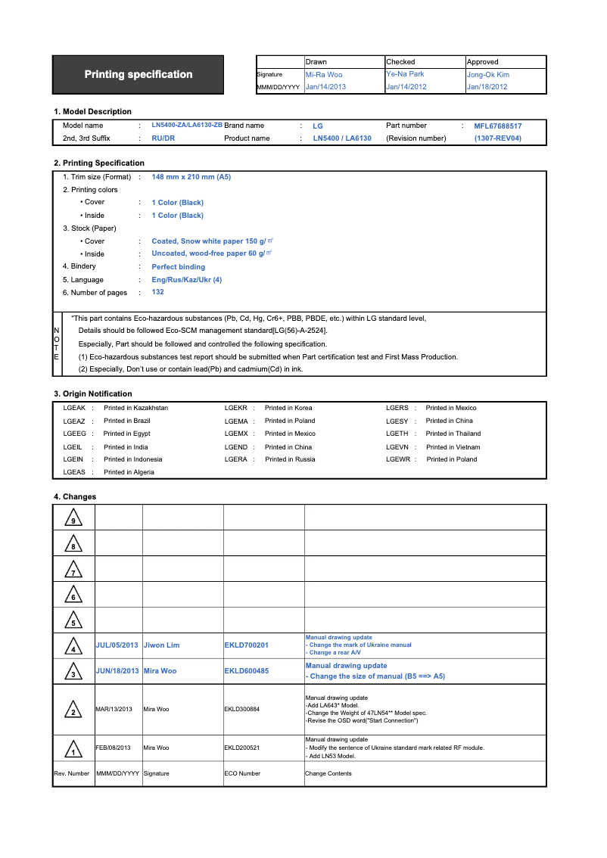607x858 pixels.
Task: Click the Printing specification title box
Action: click(139, 74)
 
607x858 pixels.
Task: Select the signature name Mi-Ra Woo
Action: click(324, 74)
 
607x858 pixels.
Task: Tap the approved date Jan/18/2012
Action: click(487, 87)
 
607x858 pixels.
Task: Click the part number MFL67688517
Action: click(498, 126)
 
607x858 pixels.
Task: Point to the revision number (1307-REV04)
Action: click(498, 138)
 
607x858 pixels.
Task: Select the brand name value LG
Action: click(318, 126)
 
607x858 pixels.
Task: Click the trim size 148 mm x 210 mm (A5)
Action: click(191, 177)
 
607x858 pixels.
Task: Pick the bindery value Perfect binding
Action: click(179, 267)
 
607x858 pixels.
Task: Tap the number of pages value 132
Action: click(158, 292)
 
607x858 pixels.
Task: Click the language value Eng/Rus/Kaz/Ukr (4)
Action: click(187, 280)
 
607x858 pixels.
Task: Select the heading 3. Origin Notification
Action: click(93, 393)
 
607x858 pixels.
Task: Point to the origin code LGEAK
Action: click(74, 408)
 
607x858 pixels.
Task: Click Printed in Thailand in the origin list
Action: click(453, 434)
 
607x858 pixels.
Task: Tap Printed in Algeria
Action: click(129, 472)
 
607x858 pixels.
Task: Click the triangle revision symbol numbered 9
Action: click(73, 519)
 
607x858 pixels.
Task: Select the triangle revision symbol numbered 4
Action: click(73, 647)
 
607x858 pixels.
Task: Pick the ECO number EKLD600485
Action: click(247, 671)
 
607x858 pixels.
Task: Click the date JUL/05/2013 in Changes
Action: click(117, 645)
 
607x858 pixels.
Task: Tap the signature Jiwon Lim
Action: click(162, 645)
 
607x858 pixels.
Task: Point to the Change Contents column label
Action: click(328, 773)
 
